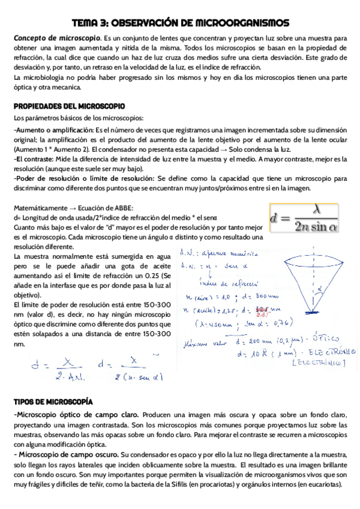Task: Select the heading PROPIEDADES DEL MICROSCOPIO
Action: (x=69, y=106)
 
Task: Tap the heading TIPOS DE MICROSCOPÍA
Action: (x=53, y=400)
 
